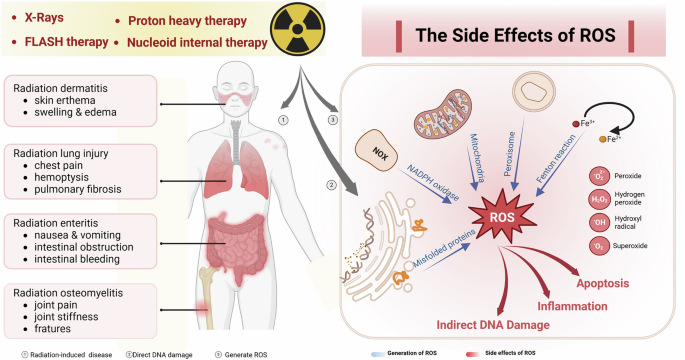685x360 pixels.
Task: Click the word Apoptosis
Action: click(x=599, y=283)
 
